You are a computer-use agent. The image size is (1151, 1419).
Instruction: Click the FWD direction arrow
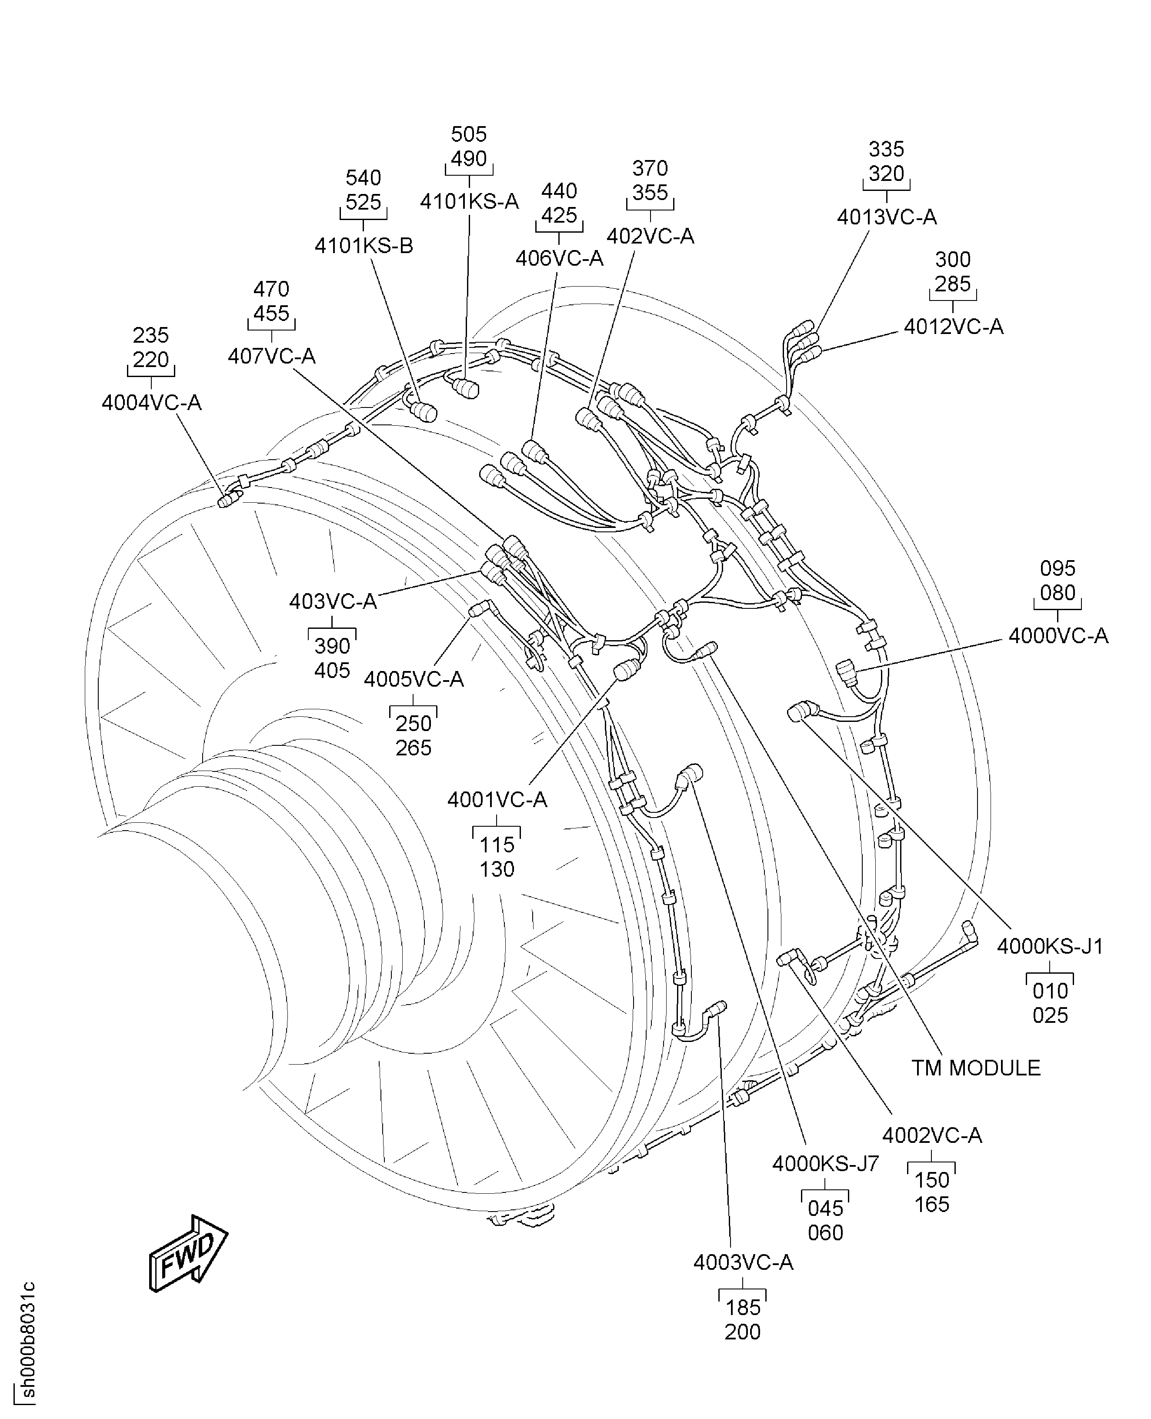(x=188, y=1252)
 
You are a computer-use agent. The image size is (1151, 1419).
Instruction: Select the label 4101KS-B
(x=364, y=246)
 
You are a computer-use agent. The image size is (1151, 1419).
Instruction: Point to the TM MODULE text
(x=975, y=1068)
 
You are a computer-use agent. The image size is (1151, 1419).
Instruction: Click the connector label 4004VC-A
(x=151, y=403)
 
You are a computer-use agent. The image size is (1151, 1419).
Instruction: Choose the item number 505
(x=469, y=135)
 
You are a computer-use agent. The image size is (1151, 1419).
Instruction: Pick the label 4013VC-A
(x=887, y=217)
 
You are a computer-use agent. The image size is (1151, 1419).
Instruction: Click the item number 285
(x=953, y=284)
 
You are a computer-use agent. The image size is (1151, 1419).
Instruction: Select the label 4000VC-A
(x=1058, y=636)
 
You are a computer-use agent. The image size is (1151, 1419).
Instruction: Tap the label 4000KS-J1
(x=1050, y=946)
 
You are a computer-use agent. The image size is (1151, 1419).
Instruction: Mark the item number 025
(x=1050, y=1015)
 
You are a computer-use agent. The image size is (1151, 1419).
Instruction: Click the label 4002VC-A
(x=931, y=1135)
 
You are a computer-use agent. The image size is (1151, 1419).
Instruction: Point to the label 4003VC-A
(x=743, y=1262)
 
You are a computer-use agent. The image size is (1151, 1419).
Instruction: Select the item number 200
(x=743, y=1332)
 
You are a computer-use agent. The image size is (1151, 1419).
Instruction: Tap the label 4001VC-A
(x=497, y=800)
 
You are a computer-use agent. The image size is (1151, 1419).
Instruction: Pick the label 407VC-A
(x=271, y=356)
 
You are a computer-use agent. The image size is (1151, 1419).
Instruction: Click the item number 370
(x=650, y=168)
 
